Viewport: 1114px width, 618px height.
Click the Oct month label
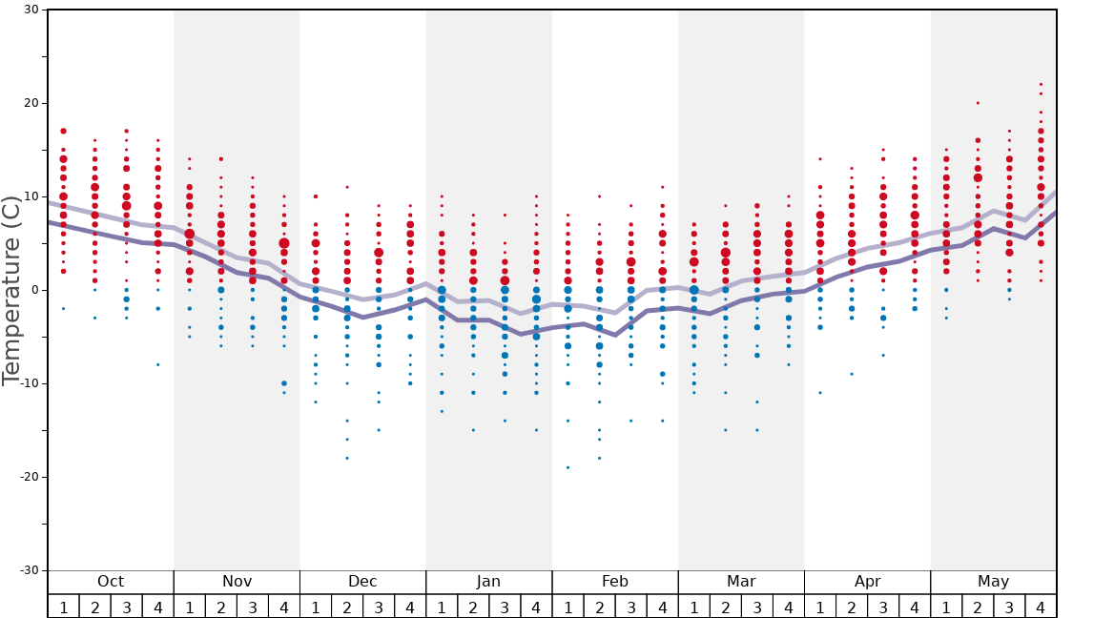[x=111, y=582]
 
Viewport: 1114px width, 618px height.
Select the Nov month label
[x=237, y=582]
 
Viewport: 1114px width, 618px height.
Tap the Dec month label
[x=362, y=582]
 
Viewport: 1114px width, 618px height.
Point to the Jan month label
[x=488, y=582]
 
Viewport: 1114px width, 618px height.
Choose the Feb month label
[x=614, y=582]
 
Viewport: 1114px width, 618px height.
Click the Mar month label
[x=741, y=582]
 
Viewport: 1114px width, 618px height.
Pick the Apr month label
[x=867, y=582]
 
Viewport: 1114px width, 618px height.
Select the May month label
[x=993, y=582]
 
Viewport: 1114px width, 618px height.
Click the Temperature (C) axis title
[x=11, y=290]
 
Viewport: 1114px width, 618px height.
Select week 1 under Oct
[x=63, y=607]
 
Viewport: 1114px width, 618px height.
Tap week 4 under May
[x=1041, y=607]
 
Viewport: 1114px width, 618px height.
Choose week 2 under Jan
[x=473, y=607]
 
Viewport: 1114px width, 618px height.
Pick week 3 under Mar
[x=757, y=607]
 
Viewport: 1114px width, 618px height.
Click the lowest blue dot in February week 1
[x=567, y=467]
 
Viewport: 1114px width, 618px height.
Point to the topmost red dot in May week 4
[x=1041, y=84]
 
